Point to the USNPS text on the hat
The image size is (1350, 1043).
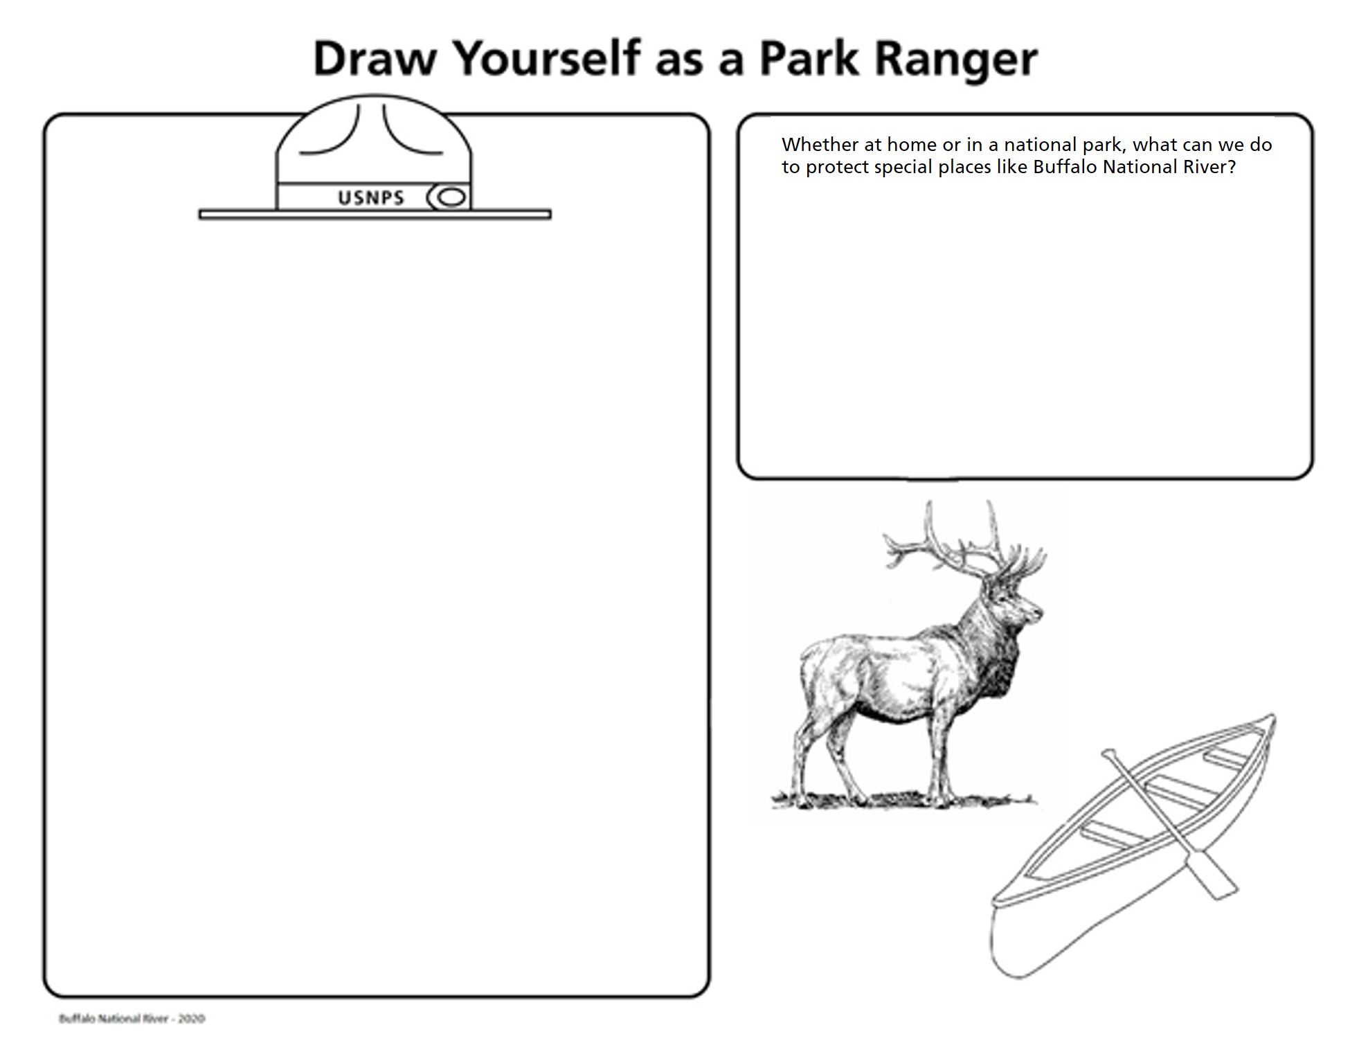(371, 198)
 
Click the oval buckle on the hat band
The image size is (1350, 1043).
(451, 198)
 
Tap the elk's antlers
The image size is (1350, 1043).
(962, 547)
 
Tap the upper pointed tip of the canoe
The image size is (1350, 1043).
(1271, 720)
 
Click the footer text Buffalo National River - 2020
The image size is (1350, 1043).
(132, 1018)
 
